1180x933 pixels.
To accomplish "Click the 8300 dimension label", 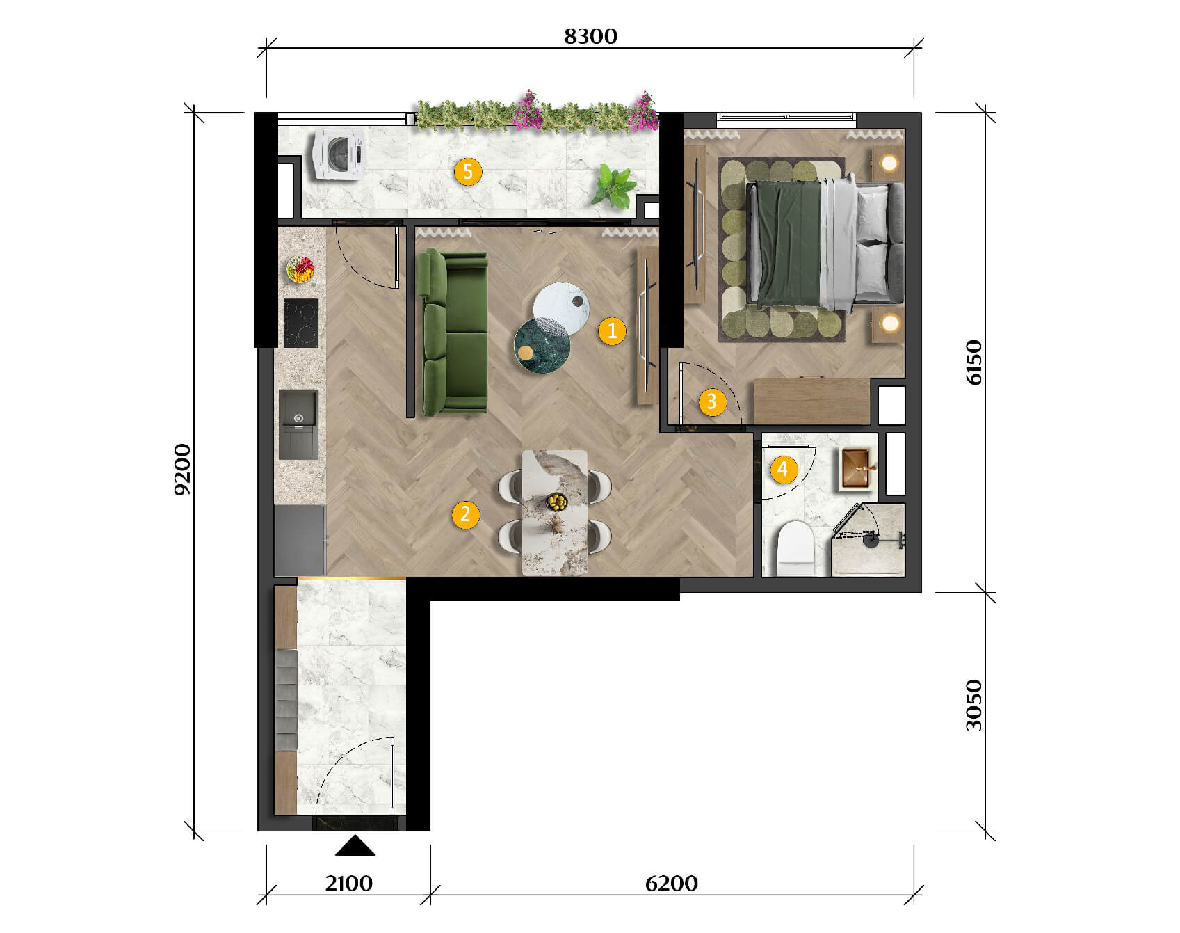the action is tap(590, 36).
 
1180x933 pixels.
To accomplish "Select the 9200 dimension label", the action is tap(181, 469).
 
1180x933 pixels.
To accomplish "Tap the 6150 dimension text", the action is tap(974, 362).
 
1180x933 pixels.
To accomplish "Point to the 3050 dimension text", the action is tap(974, 705).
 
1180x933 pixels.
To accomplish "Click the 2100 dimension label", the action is tap(348, 884).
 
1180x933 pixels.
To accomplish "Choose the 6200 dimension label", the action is tap(671, 884).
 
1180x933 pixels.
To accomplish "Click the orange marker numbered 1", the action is tap(612, 330).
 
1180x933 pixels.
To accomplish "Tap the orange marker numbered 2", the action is tap(465, 515).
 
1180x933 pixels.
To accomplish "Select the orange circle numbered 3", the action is tap(712, 401).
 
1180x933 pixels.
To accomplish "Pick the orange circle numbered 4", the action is tap(782, 469).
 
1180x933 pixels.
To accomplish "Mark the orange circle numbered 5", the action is tap(468, 171).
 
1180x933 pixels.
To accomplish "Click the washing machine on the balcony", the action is tap(339, 154).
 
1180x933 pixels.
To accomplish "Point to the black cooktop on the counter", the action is tap(301, 323).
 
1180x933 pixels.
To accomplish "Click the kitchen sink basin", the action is tap(298, 424).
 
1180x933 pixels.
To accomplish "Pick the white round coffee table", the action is tap(561, 306).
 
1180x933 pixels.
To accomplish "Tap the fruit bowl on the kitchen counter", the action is tap(300, 269).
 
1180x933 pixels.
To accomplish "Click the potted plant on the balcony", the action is tap(614, 186).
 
